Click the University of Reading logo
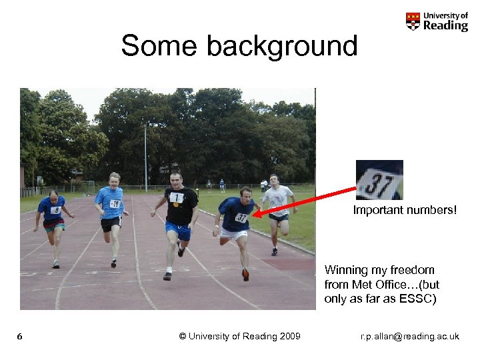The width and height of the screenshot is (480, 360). pos(437,21)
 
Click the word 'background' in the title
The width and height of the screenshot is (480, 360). pos(282,46)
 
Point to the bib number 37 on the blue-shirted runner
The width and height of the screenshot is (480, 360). pos(241,217)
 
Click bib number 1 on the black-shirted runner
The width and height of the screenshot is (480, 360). pos(176,197)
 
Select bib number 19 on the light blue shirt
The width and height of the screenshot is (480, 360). pos(115,204)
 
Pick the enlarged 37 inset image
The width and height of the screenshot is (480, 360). pos(379,180)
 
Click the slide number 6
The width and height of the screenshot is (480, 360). pos(20,336)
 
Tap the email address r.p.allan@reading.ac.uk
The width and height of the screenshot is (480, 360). pos(409,336)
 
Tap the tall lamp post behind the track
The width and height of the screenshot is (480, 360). pos(145,157)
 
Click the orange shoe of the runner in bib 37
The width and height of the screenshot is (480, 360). pos(245,274)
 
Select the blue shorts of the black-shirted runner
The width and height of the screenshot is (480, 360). pos(179,231)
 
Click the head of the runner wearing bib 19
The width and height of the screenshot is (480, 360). pos(115,179)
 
